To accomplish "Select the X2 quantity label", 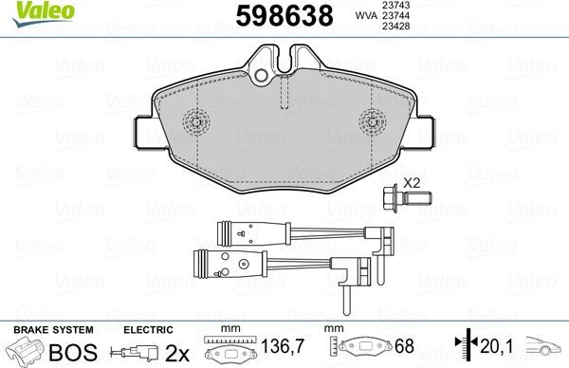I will (411, 183).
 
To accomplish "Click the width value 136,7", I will (279, 349).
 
